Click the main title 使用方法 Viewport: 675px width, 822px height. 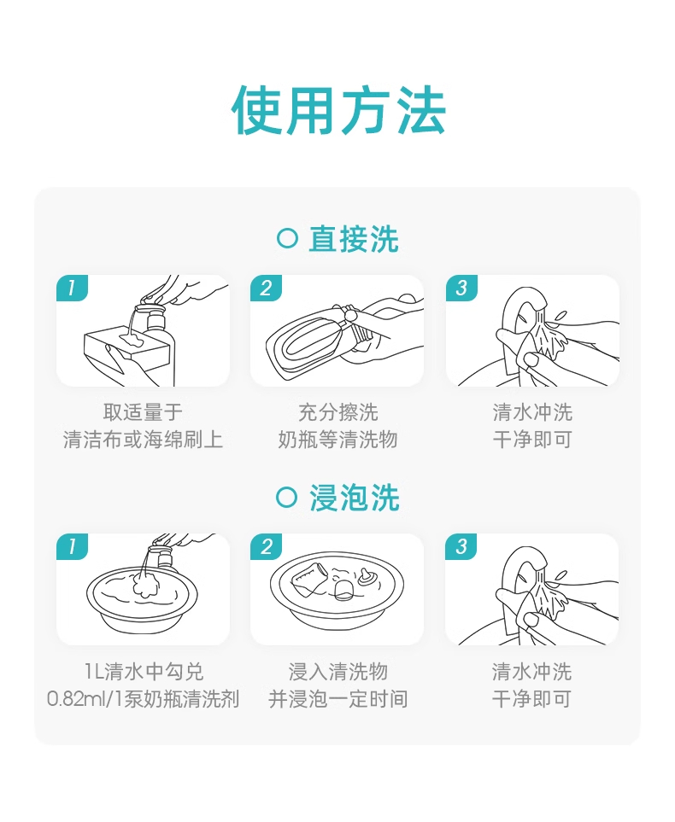coord(338,111)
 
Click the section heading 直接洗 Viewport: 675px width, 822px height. coord(354,239)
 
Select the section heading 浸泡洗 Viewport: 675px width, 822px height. coord(354,498)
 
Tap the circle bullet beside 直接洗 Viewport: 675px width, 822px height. coord(287,238)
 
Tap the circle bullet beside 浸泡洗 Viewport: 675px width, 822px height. coord(286,497)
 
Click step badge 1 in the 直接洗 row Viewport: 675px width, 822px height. coord(72,288)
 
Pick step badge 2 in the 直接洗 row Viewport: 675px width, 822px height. coord(266,288)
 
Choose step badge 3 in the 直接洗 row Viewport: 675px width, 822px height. coord(461,288)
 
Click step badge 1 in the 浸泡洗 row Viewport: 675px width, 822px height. coord(72,547)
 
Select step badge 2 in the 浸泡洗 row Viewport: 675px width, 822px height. coord(266,547)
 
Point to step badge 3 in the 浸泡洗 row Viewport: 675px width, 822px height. coord(461,547)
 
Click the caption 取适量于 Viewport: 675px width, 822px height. coord(143,412)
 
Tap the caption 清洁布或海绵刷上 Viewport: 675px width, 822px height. coord(143,440)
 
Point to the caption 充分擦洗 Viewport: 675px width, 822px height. coord(338,412)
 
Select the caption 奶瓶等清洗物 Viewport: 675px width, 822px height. coord(338,440)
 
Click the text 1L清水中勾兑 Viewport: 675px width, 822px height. coord(144,672)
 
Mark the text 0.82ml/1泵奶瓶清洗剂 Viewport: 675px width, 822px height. coord(144,699)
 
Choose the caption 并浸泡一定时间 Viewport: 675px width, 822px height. coord(338,699)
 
